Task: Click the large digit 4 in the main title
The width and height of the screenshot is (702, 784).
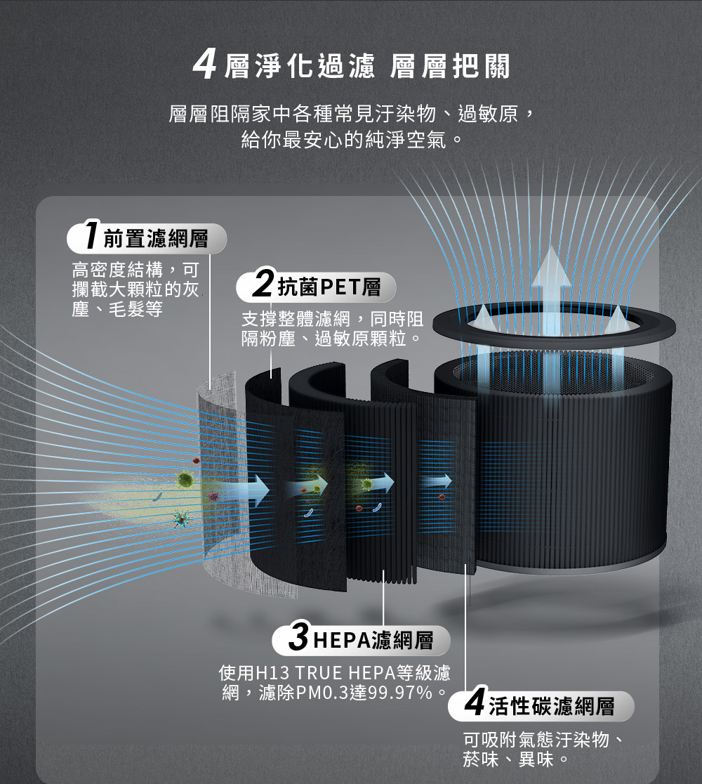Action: point(205,65)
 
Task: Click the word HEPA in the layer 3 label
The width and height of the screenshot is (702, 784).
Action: point(342,640)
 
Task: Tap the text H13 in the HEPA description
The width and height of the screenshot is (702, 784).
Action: point(272,672)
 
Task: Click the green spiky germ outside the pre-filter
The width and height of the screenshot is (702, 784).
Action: point(185,480)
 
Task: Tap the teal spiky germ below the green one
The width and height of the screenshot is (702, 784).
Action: point(181,518)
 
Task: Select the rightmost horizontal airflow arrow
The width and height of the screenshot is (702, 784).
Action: point(436,481)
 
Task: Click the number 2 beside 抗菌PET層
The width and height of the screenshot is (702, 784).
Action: point(263,283)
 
